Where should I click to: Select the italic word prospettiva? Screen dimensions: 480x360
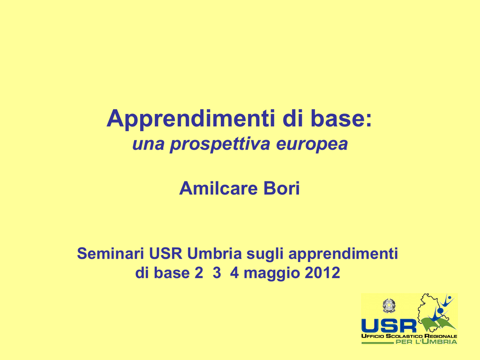(220, 144)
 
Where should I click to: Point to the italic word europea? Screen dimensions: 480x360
(312, 144)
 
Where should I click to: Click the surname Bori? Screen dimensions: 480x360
(282, 188)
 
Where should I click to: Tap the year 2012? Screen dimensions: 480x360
(322, 272)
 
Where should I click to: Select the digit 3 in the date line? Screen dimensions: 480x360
(217, 272)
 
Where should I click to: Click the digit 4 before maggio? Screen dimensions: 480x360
(234, 272)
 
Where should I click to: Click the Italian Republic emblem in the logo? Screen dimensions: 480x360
(389, 306)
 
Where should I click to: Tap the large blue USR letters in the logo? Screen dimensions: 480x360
(389, 326)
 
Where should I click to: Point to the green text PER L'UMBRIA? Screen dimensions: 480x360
(427, 341)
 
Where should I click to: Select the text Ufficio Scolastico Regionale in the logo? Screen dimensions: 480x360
(409, 336)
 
